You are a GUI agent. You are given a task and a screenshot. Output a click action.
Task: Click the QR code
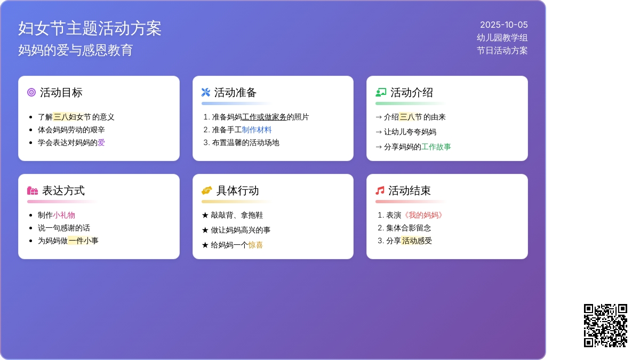(605, 325)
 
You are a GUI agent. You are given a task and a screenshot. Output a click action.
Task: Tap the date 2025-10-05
(503, 25)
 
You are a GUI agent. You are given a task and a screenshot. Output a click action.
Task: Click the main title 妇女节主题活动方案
(90, 28)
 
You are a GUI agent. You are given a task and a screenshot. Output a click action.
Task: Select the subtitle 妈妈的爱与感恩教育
(75, 50)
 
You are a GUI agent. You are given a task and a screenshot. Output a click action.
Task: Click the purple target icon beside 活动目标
(31, 92)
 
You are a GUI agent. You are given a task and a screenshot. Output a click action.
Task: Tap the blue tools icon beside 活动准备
(206, 92)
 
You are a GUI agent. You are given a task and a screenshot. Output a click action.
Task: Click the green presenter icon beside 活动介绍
(381, 92)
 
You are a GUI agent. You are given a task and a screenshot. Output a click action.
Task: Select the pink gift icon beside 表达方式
(33, 190)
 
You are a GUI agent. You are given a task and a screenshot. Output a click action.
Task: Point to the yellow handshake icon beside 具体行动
(207, 190)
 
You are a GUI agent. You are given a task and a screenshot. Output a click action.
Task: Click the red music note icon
(380, 190)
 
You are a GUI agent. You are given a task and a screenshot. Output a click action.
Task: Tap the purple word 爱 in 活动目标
(101, 142)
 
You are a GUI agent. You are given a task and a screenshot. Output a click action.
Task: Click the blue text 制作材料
(257, 130)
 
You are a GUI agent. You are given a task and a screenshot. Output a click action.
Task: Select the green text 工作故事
(436, 147)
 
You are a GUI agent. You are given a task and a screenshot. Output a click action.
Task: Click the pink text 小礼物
(64, 215)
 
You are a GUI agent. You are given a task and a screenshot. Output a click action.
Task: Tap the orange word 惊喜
(255, 245)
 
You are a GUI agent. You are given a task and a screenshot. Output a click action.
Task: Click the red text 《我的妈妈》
(423, 215)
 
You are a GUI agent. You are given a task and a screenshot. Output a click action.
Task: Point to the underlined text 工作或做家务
(264, 117)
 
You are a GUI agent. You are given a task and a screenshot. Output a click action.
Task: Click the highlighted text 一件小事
(83, 241)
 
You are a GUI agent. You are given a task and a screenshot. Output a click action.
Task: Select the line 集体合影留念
(409, 228)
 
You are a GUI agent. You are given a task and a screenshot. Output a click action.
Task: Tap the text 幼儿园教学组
(502, 38)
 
